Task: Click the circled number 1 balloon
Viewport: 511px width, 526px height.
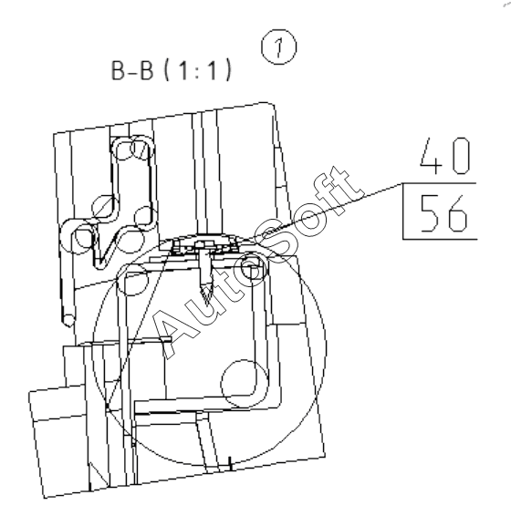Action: (279, 47)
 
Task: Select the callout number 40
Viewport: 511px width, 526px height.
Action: (445, 156)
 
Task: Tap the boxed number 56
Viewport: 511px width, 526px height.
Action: (443, 213)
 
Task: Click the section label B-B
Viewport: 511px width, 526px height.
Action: (131, 70)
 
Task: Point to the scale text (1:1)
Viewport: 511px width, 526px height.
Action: (198, 70)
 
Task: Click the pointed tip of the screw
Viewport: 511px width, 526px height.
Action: (205, 303)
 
